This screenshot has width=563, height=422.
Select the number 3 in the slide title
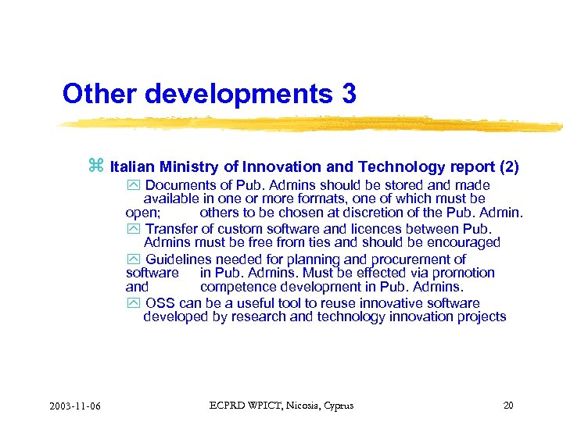(348, 94)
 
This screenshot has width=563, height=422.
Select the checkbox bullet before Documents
(131, 186)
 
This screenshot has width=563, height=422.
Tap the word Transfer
(171, 229)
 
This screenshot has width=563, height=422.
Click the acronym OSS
(160, 302)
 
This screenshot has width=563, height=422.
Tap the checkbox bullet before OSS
(131, 303)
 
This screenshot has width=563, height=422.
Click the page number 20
(508, 405)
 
